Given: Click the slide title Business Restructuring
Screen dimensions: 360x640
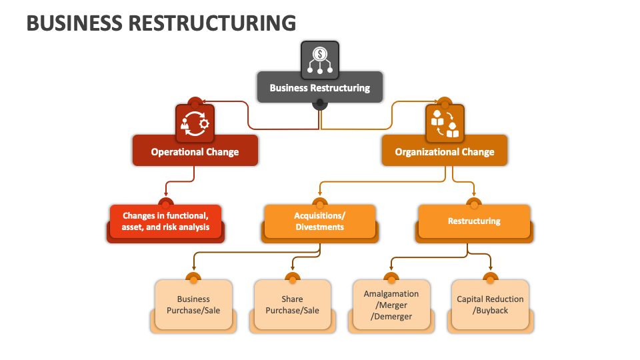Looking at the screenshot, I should (161, 23).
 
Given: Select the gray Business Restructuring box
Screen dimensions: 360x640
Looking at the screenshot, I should (320, 87).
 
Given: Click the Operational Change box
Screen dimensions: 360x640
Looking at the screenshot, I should (195, 151).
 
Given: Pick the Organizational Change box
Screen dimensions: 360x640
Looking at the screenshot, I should (444, 151).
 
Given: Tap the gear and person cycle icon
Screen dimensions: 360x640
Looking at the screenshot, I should (195, 123).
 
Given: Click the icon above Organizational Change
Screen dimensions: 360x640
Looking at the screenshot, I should (445, 123).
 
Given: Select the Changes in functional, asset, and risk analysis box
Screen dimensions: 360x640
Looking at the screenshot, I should (165, 221).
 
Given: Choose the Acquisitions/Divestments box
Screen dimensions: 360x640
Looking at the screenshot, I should (320, 221).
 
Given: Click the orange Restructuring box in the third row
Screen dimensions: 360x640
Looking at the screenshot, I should (474, 221).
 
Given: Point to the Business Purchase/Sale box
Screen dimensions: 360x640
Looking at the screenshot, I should (193, 305).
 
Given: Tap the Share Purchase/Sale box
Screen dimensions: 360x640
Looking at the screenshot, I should (292, 305).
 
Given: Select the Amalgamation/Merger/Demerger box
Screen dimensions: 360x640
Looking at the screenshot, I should (391, 305).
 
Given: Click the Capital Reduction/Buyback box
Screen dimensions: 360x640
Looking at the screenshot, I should (490, 305).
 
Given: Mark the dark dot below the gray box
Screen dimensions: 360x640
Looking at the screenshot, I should (320, 103).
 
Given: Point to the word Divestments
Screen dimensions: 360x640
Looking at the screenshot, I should (320, 227).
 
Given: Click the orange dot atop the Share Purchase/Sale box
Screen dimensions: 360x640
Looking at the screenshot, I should (292, 278).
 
